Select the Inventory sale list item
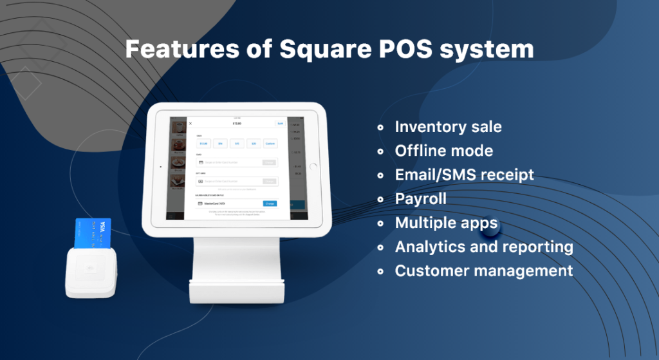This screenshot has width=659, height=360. [x=448, y=127]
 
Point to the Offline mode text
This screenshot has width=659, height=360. [x=444, y=151]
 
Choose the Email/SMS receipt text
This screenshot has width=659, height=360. [x=464, y=175]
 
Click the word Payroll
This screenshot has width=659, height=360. [x=420, y=198]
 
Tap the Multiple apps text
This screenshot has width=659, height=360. [x=446, y=223]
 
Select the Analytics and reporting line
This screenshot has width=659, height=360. [x=484, y=247]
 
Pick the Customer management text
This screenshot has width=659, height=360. [x=484, y=270]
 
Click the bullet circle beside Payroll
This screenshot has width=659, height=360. [x=382, y=200]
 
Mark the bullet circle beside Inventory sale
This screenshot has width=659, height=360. [x=382, y=128]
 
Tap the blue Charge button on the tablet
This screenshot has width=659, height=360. [x=270, y=204]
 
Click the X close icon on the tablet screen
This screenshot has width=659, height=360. [x=190, y=123]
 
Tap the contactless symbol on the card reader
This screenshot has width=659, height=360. [x=90, y=267]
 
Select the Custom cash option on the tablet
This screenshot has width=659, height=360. [x=270, y=144]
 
